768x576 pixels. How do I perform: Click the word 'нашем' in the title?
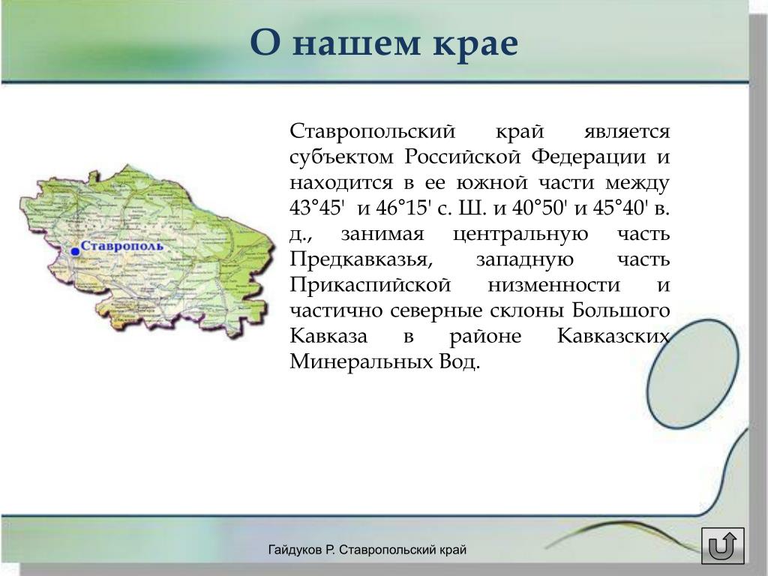click(358, 43)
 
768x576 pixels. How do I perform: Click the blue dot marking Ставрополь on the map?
click(75, 251)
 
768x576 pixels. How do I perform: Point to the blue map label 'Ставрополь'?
click(122, 246)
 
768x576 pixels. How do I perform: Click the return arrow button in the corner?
click(722, 545)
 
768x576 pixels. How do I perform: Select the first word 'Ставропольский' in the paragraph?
click(373, 131)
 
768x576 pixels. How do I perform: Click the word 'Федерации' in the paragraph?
click(589, 157)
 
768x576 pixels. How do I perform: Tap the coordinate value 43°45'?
click(315, 208)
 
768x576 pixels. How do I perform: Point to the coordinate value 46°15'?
click(403, 208)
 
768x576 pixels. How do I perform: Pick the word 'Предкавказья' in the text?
click(361, 259)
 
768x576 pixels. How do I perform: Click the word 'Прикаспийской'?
click(370, 284)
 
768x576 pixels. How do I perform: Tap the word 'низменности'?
click(554, 284)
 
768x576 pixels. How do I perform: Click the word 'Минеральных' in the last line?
click(358, 361)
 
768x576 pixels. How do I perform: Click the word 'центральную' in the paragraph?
click(520, 234)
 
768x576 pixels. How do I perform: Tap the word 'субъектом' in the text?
click(342, 157)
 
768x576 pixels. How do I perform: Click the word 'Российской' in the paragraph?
click(463, 157)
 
